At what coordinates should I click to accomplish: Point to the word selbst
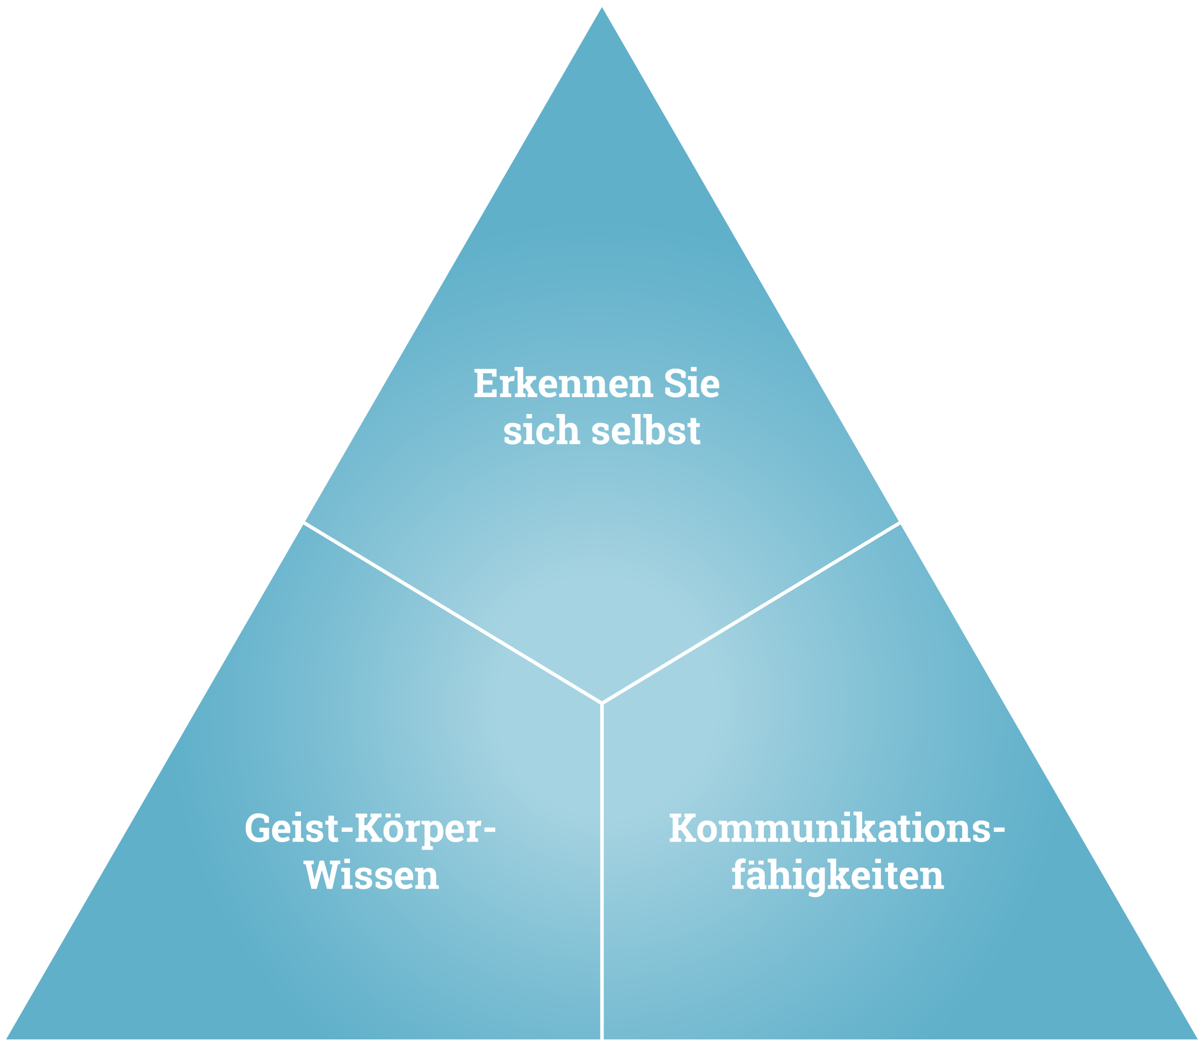tap(645, 431)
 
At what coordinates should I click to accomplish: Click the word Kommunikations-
tap(836, 829)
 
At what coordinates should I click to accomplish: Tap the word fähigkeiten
tap(837, 876)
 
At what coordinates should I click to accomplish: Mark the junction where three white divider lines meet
tap(602, 703)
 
